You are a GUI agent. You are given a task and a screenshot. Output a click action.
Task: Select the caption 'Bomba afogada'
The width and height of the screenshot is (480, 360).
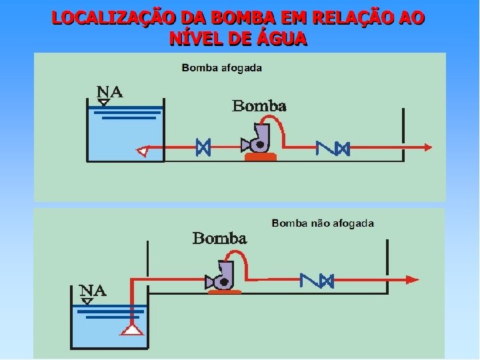click(221, 67)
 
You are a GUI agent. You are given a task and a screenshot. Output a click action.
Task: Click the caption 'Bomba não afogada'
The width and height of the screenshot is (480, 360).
click(323, 223)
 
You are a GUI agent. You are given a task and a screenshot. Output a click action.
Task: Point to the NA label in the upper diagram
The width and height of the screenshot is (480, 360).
click(110, 92)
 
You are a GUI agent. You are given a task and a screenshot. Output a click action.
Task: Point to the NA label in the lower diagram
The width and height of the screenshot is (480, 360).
click(93, 291)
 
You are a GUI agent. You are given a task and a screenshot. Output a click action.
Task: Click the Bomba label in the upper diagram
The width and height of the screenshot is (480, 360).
click(259, 106)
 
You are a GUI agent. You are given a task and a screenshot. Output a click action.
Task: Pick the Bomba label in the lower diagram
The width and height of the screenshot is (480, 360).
click(219, 238)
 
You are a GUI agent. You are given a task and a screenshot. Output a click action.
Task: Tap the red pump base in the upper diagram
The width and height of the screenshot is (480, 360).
click(260, 157)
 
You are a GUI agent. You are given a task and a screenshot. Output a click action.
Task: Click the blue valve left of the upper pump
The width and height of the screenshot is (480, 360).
click(203, 147)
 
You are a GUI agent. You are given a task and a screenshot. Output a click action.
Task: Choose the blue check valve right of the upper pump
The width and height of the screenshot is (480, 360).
click(333, 147)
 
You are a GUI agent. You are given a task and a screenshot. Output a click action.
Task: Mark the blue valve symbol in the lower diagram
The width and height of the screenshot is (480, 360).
click(317, 280)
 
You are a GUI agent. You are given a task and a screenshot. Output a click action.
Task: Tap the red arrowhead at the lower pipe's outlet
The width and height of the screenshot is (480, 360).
click(413, 280)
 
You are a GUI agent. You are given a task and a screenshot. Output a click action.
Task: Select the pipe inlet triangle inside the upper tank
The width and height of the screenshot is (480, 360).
click(141, 151)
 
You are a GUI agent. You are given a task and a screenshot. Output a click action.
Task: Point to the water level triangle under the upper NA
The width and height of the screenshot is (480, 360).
click(104, 103)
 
